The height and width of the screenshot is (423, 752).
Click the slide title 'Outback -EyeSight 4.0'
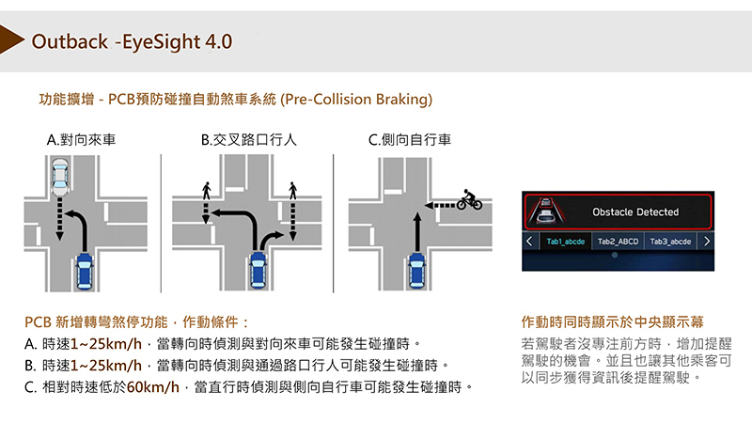point(132,42)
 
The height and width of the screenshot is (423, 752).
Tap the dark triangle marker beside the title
point(12,42)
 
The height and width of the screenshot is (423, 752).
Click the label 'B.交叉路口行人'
point(248,140)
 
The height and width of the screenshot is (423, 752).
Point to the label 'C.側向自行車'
point(410,140)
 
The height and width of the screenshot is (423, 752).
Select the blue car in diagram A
point(86,273)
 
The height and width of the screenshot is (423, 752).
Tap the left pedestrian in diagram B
point(206,190)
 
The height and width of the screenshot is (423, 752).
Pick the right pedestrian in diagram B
point(293,190)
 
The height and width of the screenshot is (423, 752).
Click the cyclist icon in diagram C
point(469,200)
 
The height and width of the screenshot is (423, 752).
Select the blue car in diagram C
point(416,273)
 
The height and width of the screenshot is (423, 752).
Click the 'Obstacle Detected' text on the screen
point(635,212)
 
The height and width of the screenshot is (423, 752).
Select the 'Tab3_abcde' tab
point(670,242)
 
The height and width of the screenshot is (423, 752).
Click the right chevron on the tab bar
point(706,242)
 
